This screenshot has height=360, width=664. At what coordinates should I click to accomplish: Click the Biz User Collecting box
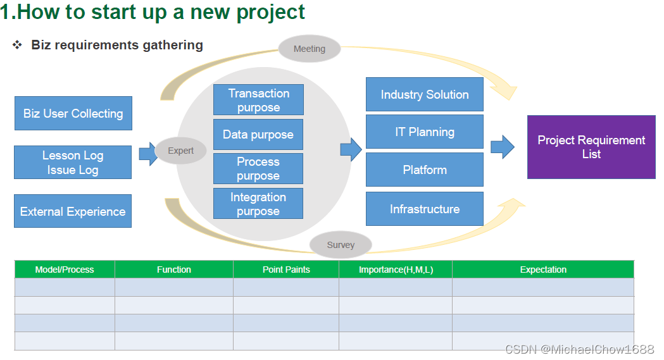pyautogui.click(x=73, y=114)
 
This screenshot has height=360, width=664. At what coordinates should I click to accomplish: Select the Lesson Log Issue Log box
pyautogui.click(x=73, y=163)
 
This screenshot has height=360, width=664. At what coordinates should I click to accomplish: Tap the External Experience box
pyautogui.click(x=73, y=211)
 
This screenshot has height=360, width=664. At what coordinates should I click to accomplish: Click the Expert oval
pyautogui.click(x=181, y=151)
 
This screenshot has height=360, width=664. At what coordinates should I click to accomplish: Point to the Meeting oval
pyautogui.click(x=310, y=49)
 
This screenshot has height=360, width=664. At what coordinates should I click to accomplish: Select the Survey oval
pyautogui.click(x=341, y=245)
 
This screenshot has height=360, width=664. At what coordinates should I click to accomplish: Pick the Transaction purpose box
pyautogui.click(x=258, y=100)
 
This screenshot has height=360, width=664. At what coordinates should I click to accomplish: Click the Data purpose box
pyautogui.click(x=258, y=135)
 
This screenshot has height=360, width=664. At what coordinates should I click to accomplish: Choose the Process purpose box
pyautogui.click(x=258, y=169)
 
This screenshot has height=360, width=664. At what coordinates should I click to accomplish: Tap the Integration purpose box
pyautogui.click(x=258, y=204)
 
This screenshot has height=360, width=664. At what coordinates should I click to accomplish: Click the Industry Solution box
pyautogui.click(x=425, y=94)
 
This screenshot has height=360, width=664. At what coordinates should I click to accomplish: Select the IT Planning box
pyautogui.click(x=425, y=132)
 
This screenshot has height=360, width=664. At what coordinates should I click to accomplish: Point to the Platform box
pyautogui.click(x=425, y=170)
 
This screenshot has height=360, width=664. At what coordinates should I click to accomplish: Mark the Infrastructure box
pyautogui.click(x=425, y=209)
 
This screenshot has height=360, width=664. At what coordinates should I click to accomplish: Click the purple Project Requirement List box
pyautogui.click(x=591, y=147)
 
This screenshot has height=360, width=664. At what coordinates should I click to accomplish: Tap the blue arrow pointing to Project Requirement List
pyautogui.click(x=503, y=147)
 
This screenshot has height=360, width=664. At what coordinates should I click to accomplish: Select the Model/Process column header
pyautogui.click(x=65, y=270)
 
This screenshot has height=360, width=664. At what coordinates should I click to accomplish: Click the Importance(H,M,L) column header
pyautogui.click(x=396, y=270)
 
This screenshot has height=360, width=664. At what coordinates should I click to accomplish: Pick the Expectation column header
pyautogui.click(x=543, y=270)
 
